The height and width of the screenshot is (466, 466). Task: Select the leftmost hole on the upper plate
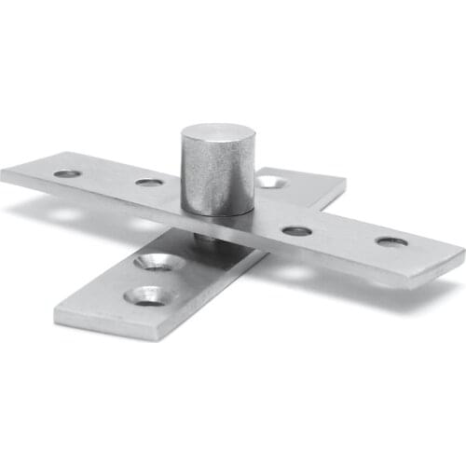click(66, 173)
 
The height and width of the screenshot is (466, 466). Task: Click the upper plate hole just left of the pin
click(149, 182)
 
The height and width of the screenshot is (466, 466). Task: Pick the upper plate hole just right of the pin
click(296, 229)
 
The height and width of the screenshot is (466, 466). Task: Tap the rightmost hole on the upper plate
click(391, 241)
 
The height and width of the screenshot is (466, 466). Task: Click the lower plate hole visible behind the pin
click(270, 181)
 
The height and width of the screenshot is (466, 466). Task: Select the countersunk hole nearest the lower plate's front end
click(145, 295)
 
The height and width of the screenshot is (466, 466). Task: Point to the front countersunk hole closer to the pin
click(158, 263)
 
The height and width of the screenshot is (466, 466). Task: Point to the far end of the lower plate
click(317, 177)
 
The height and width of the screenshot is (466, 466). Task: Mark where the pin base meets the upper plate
click(217, 212)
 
